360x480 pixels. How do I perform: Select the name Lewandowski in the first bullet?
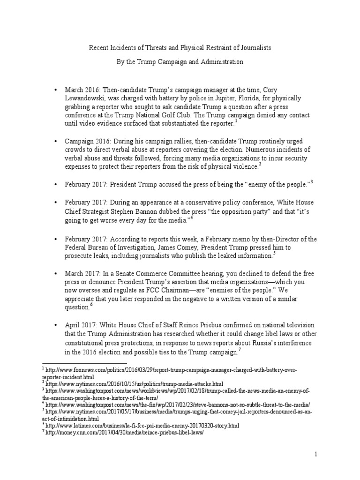pyautogui.click(x=86, y=99)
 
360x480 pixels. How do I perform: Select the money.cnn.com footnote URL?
pyautogui.click(x=124, y=432)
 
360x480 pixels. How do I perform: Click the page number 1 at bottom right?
pyautogui.click(x=316, y=454)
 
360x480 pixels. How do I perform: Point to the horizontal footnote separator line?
pyautogui.click(x=84, y=363)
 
